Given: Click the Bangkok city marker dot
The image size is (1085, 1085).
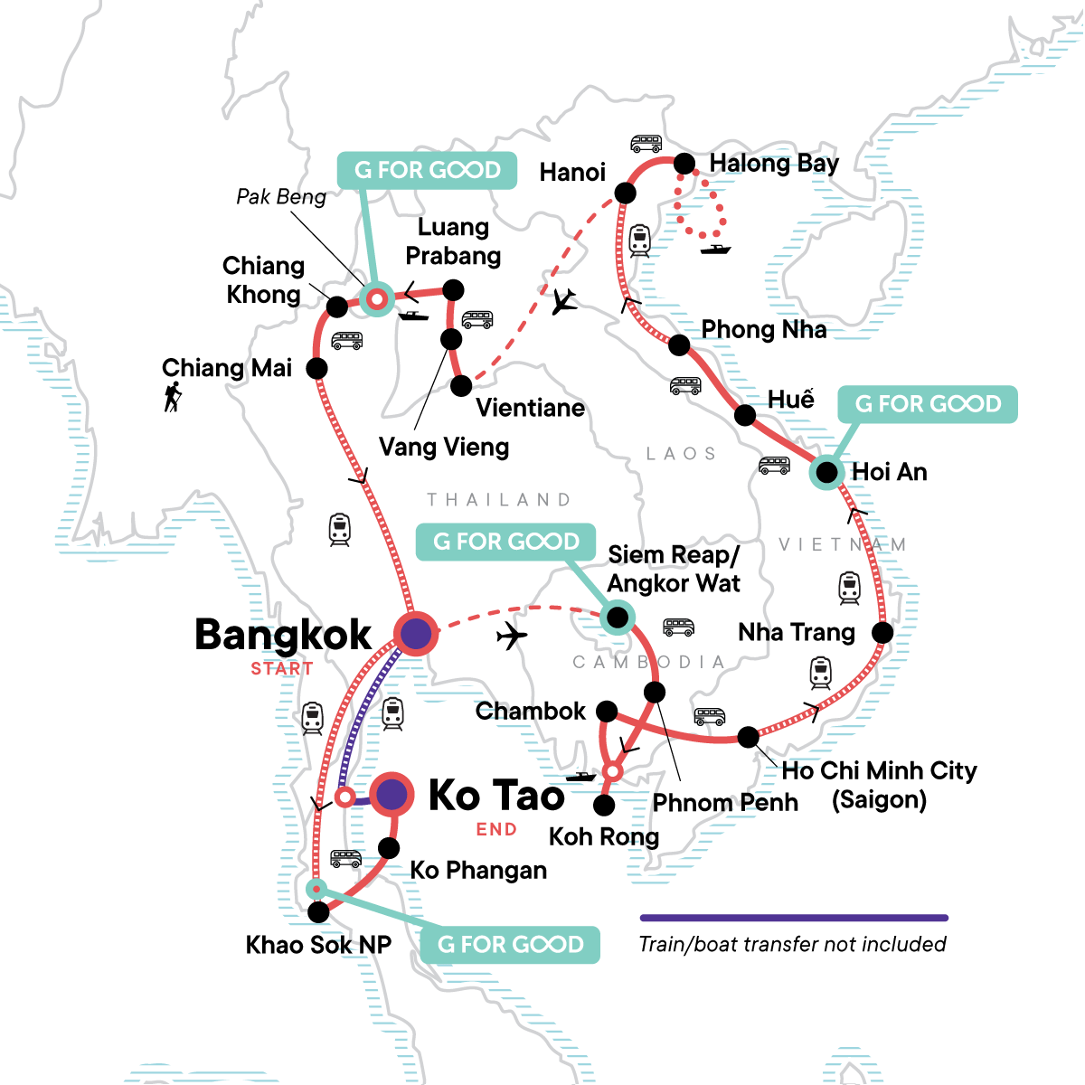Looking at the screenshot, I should tap(416, 633).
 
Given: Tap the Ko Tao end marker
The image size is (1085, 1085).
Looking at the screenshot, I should tap(392, 795).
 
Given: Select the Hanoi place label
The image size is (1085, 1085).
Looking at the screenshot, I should tap(572, 173).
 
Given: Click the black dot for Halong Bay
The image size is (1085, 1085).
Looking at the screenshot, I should tap(684, 164).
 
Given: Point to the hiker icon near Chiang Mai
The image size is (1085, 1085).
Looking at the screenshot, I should tap(173, 397).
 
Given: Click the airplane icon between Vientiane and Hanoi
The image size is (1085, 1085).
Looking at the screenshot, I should tap(564, 301).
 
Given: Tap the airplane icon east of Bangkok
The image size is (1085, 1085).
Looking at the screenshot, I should tap(512, 637).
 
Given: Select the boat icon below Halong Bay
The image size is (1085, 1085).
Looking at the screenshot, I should tap(715, 249).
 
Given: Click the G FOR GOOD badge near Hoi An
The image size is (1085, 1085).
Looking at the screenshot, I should tap(928, 404).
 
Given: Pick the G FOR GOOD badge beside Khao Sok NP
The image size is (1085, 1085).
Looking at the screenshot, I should tap(510, 945).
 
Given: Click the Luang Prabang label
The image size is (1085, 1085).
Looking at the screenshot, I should tap(452, 241).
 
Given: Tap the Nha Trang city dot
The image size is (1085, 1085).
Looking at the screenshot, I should tap(882, 633).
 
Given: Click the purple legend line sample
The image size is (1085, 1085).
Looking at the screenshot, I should tap(794, 918).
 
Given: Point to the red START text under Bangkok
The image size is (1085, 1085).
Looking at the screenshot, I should tap(282, 669).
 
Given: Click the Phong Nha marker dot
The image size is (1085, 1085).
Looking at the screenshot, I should tap(679, 344).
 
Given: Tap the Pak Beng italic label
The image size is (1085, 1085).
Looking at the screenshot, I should tap(281, 197).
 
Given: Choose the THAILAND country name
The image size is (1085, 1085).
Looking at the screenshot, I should tap(499, 500).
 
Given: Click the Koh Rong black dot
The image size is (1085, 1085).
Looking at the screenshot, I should tap(604, 805).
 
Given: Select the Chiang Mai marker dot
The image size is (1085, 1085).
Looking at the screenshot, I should tap(316, 368).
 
